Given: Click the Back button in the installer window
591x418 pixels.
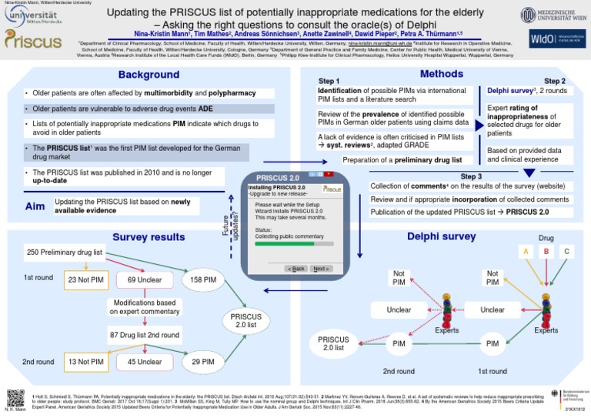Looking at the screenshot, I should pos(295,269).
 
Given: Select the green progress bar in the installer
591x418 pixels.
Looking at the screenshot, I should pos(284,245).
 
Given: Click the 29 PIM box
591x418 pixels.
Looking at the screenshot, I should pos(202,361).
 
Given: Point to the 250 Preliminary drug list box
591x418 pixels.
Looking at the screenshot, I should pos(65,252).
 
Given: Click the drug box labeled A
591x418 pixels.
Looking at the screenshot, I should pos(526,251).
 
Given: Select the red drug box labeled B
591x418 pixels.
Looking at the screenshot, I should pos(546,251).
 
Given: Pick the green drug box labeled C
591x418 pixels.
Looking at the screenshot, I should pos(566,251).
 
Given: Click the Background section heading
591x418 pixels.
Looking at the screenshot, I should pos(149,75).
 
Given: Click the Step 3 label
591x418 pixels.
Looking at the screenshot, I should pos(471,176).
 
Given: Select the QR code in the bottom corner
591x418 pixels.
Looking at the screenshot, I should pos(15,398).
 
